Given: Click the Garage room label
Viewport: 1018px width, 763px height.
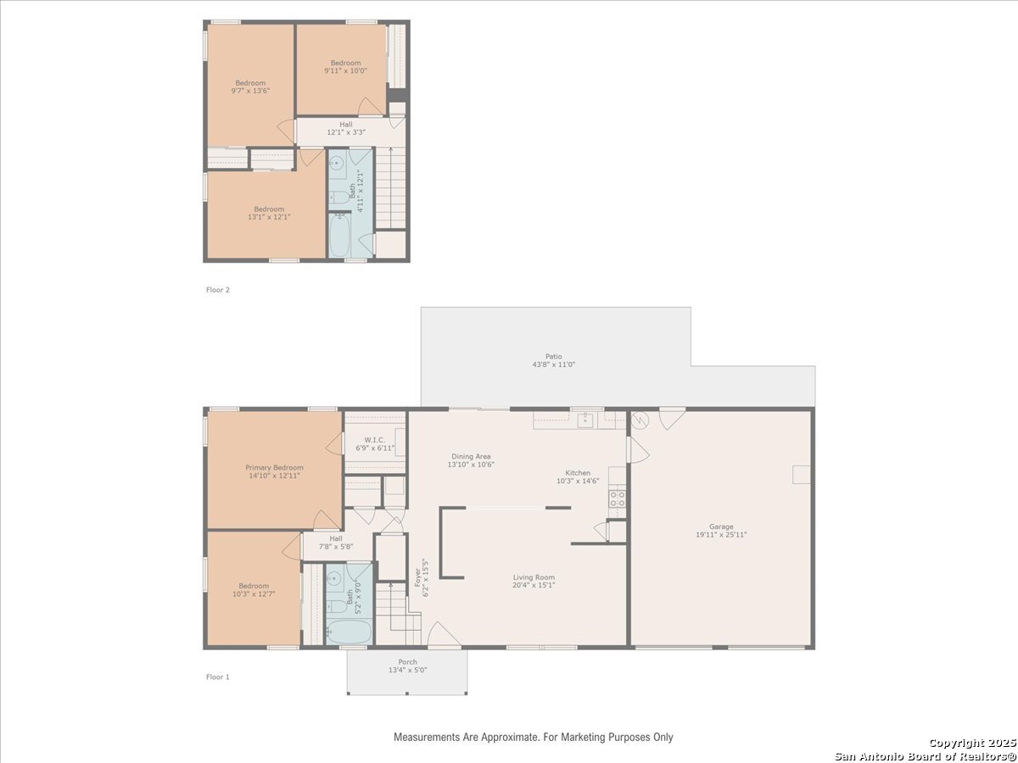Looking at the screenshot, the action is (x=721, y=526).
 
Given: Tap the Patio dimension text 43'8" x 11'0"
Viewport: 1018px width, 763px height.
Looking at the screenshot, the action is (x=553, y=365).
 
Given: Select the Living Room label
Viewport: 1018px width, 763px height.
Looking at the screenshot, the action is (x=534, y=577).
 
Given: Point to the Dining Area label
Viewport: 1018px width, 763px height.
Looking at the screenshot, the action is (x=471, y=456).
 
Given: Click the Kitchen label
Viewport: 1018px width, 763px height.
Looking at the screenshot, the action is (x=578, y=472).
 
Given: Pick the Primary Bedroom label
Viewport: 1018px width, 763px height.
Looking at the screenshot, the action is (x=274, y=467).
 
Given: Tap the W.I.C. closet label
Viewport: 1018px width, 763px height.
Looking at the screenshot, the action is (x=374, y=440).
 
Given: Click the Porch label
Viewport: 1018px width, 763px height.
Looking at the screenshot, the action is (x=407, y=661).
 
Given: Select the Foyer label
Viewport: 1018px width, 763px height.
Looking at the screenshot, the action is (x=417, y=577).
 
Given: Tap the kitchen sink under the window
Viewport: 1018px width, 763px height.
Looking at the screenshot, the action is (x=585, y=420).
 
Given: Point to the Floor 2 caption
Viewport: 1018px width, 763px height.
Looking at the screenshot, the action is (x=217, y=290).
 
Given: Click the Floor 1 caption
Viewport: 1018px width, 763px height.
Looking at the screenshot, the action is (x=217, y=677).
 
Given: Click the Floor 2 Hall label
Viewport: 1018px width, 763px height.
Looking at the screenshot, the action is (x=345, y=124).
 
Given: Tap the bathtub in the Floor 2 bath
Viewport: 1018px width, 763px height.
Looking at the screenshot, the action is (x=339, y=236).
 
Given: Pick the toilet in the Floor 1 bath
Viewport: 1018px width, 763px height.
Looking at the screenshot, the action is (x=337, y=606).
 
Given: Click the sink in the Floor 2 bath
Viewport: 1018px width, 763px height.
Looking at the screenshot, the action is (x=336, y=163).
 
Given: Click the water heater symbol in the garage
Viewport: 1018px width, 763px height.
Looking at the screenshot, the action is (x=640, y=420).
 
